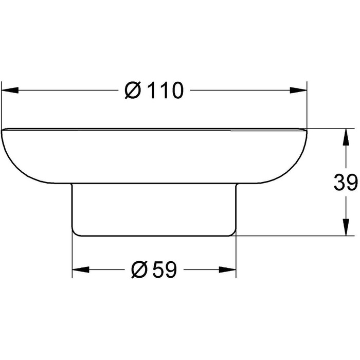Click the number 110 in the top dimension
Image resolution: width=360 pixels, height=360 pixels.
166,91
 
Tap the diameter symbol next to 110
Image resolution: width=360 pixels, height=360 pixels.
133,90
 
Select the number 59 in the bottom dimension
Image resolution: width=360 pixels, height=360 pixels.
165,269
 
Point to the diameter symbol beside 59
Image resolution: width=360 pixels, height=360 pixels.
139,269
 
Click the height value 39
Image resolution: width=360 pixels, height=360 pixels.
346,182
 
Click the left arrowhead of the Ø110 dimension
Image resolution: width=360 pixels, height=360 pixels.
10,90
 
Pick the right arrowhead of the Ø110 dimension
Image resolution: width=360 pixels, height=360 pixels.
298,90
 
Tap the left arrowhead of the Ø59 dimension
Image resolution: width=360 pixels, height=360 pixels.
81,269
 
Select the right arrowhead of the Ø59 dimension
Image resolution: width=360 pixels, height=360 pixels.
227,269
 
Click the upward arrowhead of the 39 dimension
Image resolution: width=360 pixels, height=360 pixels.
346,137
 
